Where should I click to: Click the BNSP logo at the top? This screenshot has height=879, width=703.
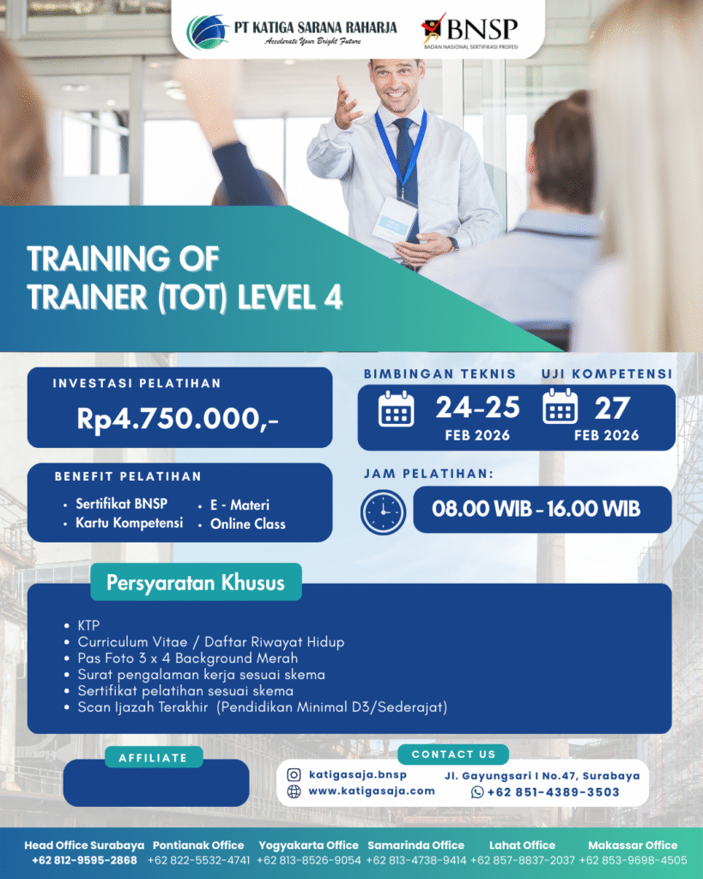[470, 31]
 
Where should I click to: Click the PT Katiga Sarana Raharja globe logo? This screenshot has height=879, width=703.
[208, 32]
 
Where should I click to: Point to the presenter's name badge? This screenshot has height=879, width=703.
[397, 218]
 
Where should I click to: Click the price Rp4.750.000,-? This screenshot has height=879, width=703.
[178, 418]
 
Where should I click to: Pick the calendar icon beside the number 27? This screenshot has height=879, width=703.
[560, 406]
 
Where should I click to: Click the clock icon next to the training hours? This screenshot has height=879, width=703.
[384, 512]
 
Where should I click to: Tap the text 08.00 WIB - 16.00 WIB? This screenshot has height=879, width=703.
[536, 509]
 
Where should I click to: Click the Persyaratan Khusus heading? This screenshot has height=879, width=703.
[196, 583]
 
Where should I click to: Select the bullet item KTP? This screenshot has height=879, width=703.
[88, 626]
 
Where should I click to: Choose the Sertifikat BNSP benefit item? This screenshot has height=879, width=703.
[122, 504]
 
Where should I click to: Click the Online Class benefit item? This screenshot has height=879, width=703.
[248, 524]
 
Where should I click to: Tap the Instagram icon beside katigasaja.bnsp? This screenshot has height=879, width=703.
[294, 775]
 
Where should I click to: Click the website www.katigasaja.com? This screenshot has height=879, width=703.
[372, 791]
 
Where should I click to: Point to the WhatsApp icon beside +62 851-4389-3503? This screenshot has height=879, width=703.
[477, 792]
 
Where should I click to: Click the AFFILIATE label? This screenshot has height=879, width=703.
[153, 758]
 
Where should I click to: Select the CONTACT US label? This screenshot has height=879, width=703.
[453, 755]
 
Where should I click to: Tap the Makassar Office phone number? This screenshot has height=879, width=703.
[633, 860]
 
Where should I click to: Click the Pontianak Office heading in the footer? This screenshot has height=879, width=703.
[198, 846]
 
